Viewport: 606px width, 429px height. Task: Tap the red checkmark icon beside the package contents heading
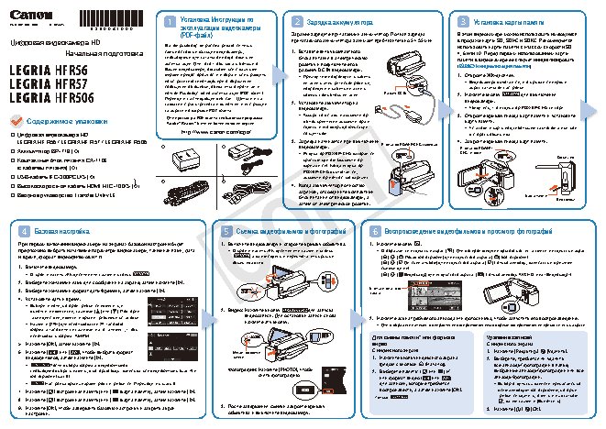tap(17, 120)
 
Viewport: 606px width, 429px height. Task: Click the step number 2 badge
tap(311, 20)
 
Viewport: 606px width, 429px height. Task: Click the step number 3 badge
tap(459, 20)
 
